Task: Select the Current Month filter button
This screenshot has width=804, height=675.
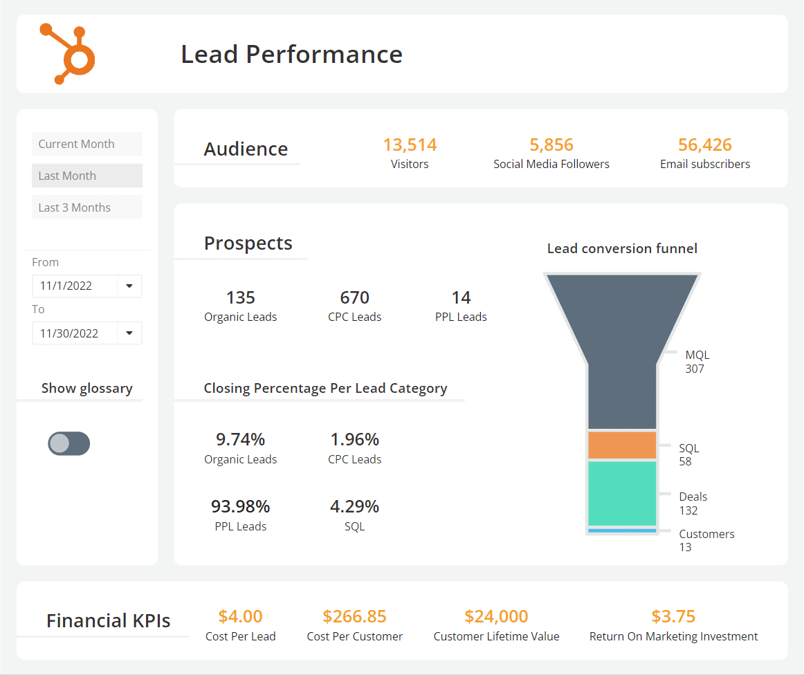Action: point(86,144)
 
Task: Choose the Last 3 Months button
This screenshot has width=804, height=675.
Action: point(86,207)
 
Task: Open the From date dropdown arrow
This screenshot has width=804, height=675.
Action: point(129,286)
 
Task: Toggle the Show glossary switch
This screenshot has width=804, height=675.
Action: point(68,443)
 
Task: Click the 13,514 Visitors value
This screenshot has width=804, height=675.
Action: point(410,145)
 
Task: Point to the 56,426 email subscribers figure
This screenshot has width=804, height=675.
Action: point(704,145)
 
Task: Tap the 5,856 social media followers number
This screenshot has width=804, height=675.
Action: point(551,145)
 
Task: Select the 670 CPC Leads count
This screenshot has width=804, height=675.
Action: point(354,298)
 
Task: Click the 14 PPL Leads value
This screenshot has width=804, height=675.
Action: point(461,298)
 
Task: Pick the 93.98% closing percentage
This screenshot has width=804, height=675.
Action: point(240,507)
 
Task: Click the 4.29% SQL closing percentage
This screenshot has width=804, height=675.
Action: point(354,507)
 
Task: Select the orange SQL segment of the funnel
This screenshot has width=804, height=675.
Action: point(621,445)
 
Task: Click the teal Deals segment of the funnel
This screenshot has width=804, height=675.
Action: point(621,494)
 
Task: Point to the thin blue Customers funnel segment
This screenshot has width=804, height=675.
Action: point(621,530)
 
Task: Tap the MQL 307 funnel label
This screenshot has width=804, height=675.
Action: point(697,362)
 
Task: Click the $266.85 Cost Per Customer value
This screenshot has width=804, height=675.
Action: point(354,616)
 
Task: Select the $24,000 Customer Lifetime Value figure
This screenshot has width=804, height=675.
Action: point(496,616)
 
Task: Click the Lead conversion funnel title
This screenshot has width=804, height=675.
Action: point(621,248)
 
